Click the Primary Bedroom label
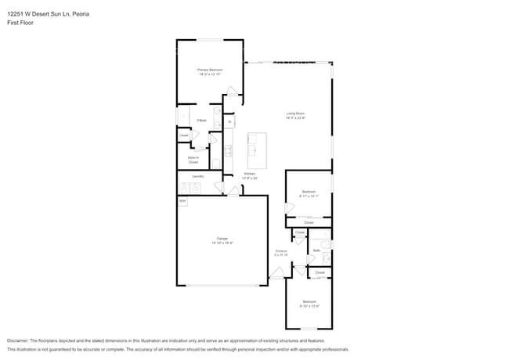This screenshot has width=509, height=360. pyautogui.click(x=210, y=70)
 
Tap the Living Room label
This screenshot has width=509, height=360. pyautogui.click(x=294, y=113)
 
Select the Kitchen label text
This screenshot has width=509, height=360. pyautogui.click(x=249, y=174)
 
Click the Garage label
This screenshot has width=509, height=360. pyautogui.click(x=222, y=238)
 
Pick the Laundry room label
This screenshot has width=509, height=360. pyautogui.click(x=197, y=176)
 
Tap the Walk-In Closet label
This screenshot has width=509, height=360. pyautogui.click(x=193, y=160)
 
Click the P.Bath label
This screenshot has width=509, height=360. pyautogui.click(x=201, y=121)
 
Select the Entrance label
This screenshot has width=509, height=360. pyautogui.click(x=281, y=251)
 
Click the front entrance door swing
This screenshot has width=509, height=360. pyautogui.click(x=276, y=273)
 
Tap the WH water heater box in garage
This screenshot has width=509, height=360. pyautogui.click(x=182, y=201)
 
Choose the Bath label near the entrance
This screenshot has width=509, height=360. pyautogui.click(x=316, y=250)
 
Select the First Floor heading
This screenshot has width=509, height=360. pyautogui.click(x=20, y=23)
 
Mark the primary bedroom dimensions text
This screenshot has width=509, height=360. pyautogui.click(x=210, y=74)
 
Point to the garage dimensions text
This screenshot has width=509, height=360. pyautogui.click(x=222, y=243)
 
